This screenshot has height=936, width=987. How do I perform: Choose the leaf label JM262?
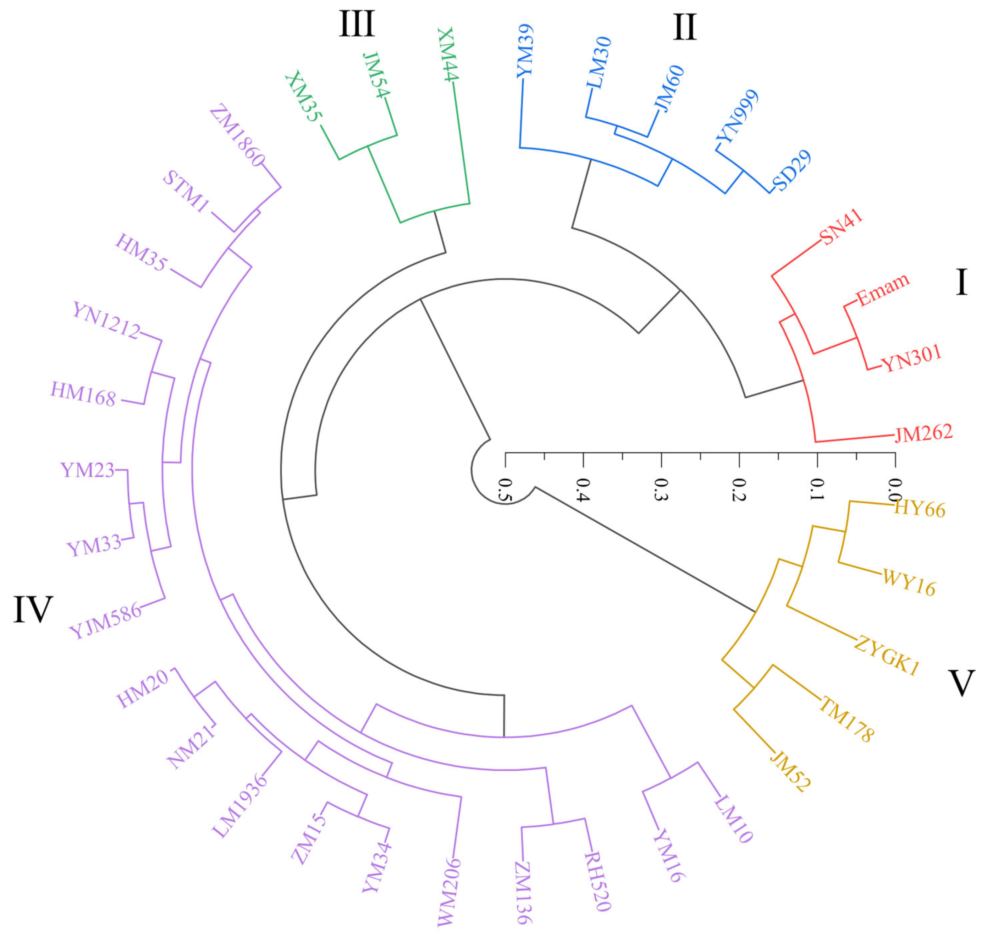923,433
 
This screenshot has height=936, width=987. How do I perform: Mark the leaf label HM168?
83,394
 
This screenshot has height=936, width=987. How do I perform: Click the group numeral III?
357,24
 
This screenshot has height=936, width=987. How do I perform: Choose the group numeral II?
684,27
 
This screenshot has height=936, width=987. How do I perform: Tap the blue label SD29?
792,171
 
